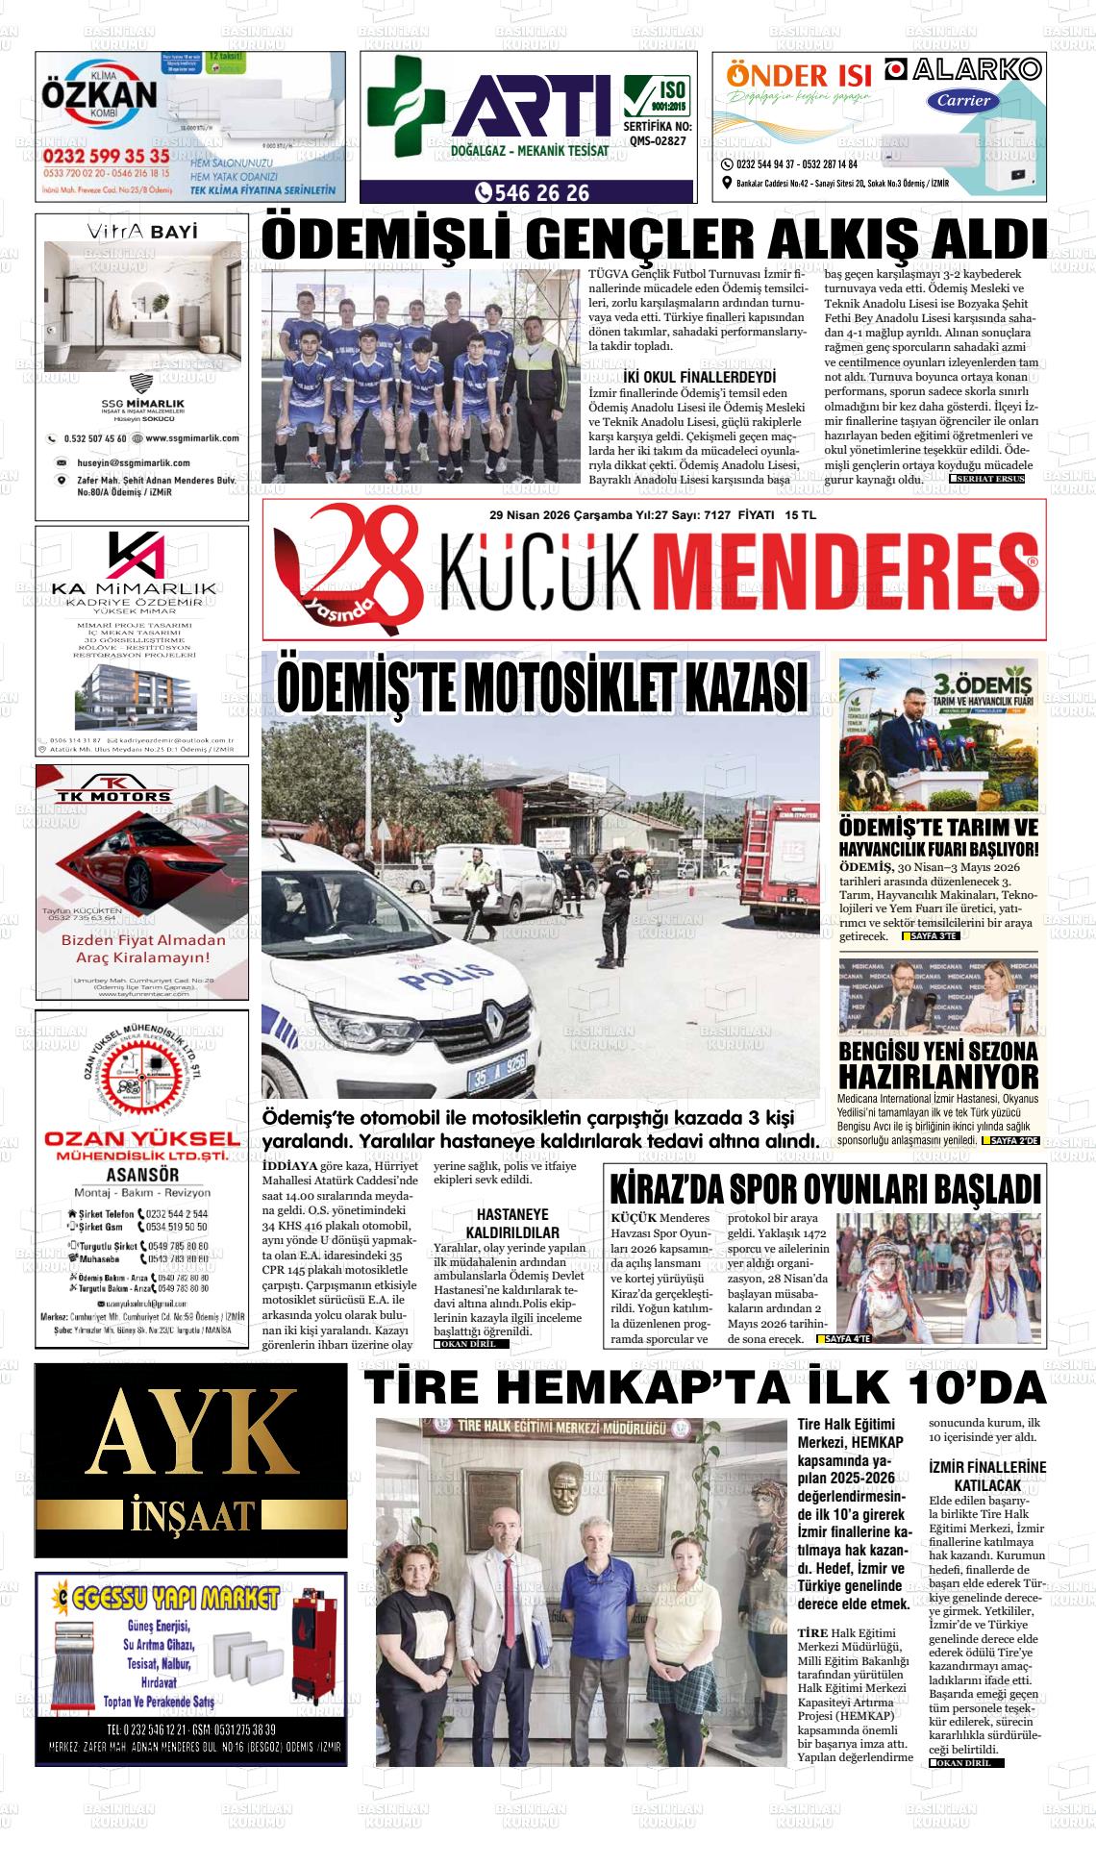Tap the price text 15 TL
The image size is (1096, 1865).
pos(800,515)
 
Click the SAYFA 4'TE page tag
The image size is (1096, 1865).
pos(843,1339)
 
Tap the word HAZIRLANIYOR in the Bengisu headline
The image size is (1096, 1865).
pos(938,1076)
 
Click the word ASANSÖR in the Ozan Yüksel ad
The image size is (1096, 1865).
pos(141,1175)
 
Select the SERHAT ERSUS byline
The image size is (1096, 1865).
pos(987,479)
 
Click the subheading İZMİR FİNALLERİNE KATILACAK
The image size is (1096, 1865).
pos(987,1476)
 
